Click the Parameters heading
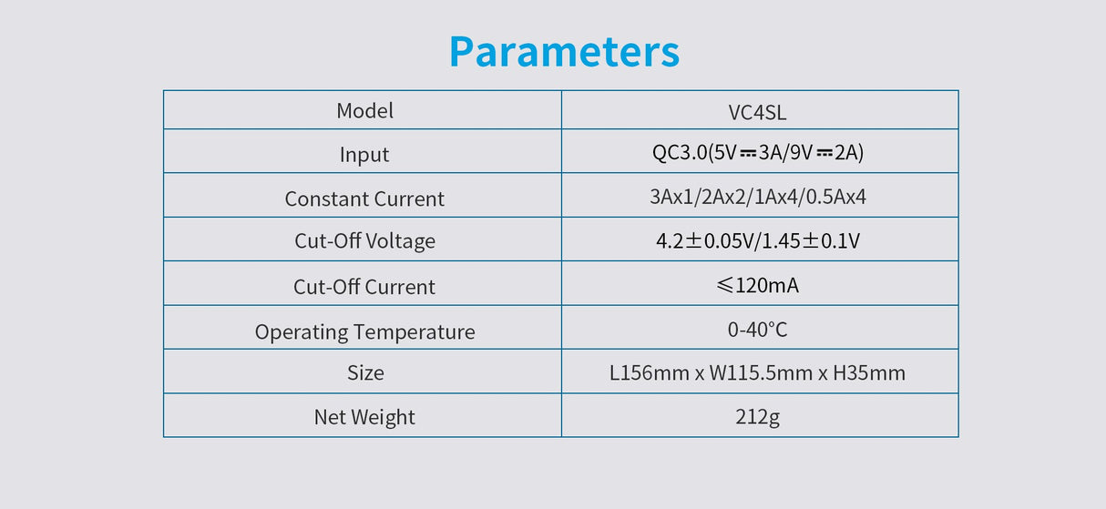click(x=564, y=52)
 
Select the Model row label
click(x=364, y=111)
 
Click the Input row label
click(x=364, y=155)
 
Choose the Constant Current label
click(x=364, y=199)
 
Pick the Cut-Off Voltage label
click(x=364, y=241)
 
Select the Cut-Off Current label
click(x=364, y=287)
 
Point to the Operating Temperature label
click(x=364, y=332)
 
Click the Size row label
click(x=364, y=373)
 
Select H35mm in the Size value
click(x=869, y=373)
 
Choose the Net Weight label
click(x=364, y=417)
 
